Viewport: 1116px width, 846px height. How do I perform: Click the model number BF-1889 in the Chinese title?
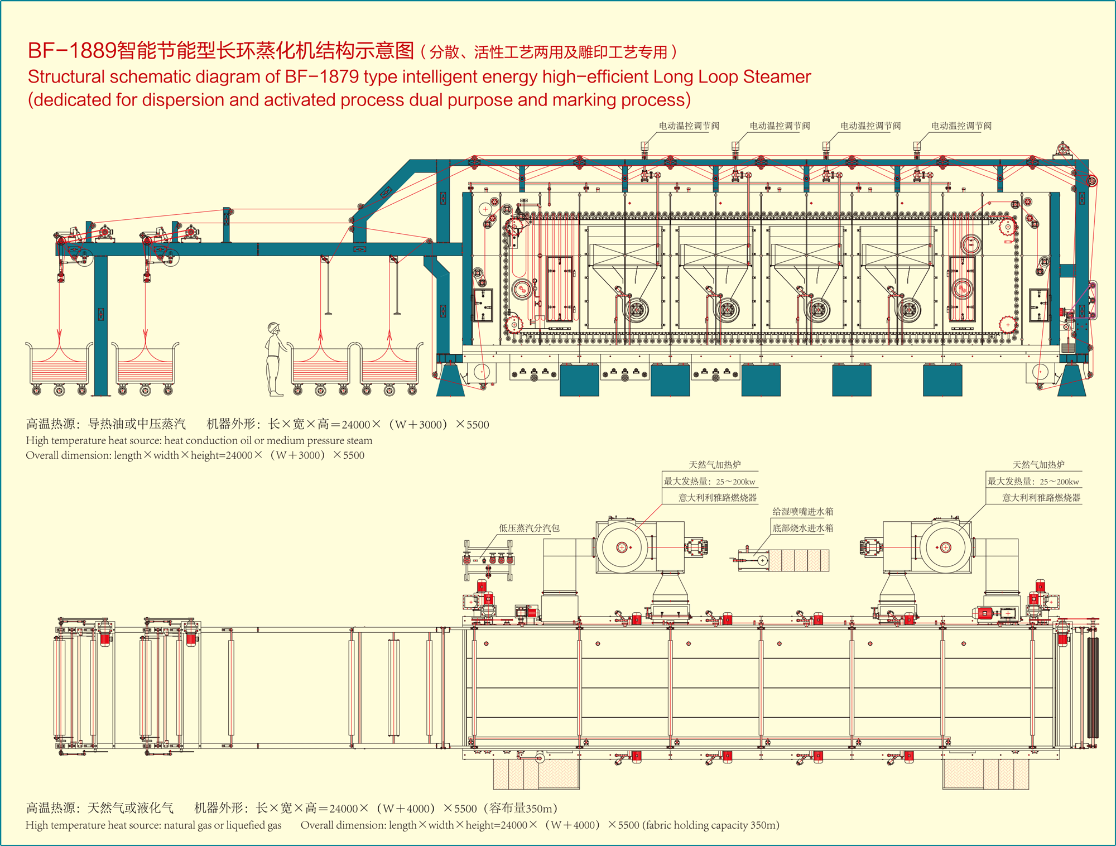(x=72, y=51)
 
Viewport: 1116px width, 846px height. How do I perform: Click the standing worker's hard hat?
(x=273, y=327)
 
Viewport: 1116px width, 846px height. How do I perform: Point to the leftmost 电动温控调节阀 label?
(x=689, y=126)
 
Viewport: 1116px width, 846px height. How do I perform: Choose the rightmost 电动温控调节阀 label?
(x=961, y=126)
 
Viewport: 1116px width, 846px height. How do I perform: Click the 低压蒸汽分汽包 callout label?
(x=528, y=528)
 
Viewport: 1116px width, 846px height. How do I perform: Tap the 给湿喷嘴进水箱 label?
(x=802, y=511)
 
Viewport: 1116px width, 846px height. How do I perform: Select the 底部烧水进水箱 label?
(x=802, y=528)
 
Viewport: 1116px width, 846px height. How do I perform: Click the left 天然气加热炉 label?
(x=715, y=465)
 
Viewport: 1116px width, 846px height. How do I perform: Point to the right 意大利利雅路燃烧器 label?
(x=1041, y=498)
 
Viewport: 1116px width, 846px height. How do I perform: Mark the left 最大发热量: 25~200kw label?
(x=709, y=482)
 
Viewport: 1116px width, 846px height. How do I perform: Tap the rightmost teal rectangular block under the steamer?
(x=942, y=380)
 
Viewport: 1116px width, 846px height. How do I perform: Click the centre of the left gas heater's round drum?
(x=622, y=547)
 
